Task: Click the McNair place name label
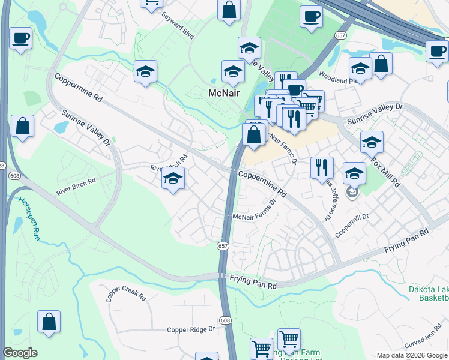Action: point(224,93)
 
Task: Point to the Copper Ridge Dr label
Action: point(191,329)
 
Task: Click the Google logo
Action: point(20,353)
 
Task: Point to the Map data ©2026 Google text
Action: point(412,355)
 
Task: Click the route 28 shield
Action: point(2,165)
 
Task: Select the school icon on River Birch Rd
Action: point(173,178)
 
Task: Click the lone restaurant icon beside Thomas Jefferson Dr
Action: point(322,167)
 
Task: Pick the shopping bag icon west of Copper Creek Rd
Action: point(48,321)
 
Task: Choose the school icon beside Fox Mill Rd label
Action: point(372,142)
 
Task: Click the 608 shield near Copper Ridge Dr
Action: point(224,320)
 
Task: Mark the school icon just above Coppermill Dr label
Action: point(354,173)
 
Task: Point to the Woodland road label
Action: point(334,80)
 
